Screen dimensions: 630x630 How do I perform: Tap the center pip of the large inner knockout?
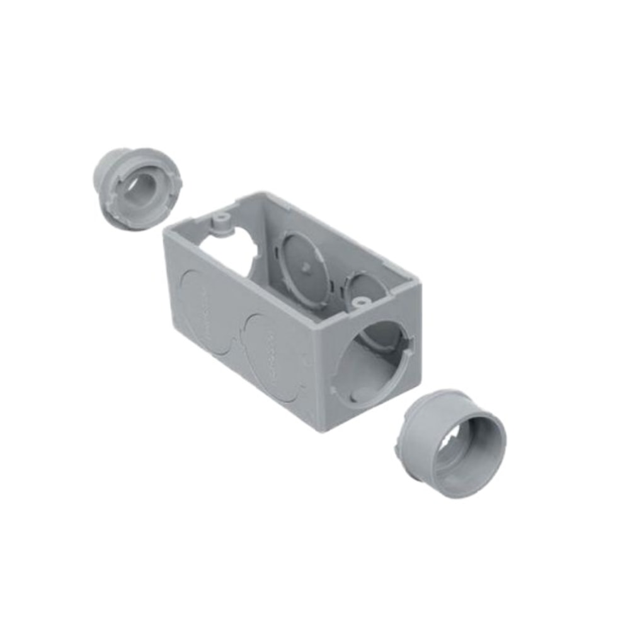304,267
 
